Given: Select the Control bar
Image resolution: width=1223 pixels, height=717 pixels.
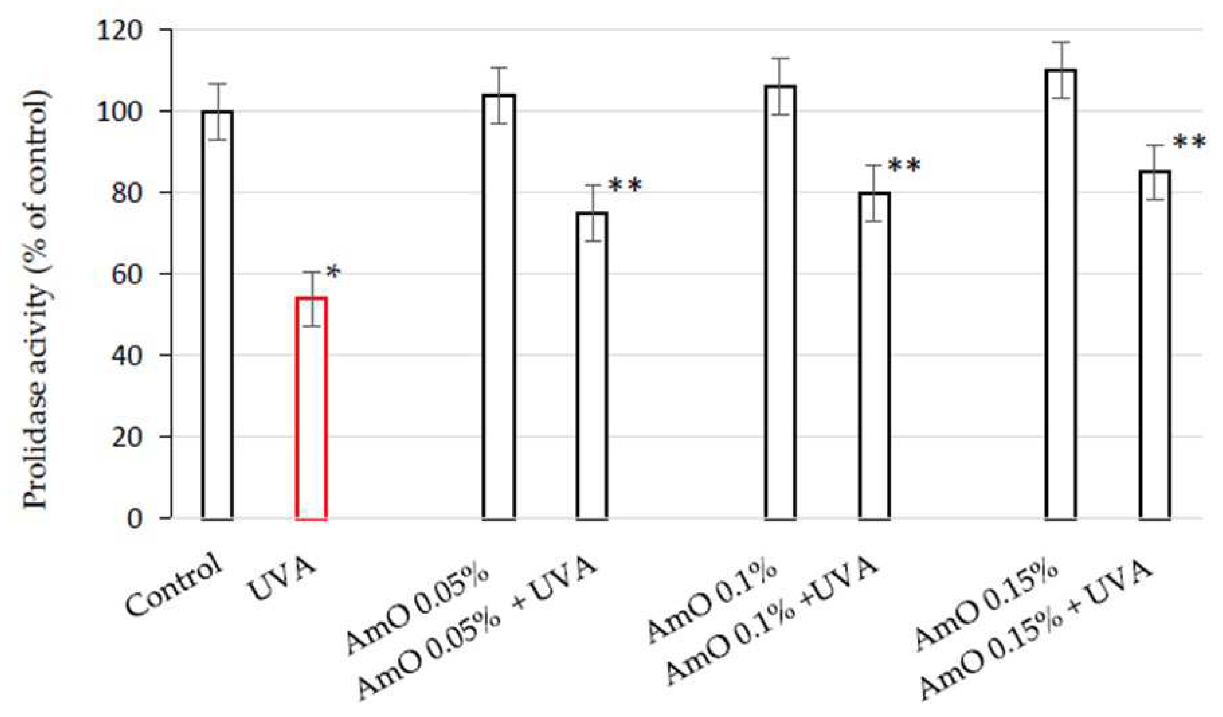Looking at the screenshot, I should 217,316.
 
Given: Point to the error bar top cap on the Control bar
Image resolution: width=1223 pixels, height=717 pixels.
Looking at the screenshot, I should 217,84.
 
